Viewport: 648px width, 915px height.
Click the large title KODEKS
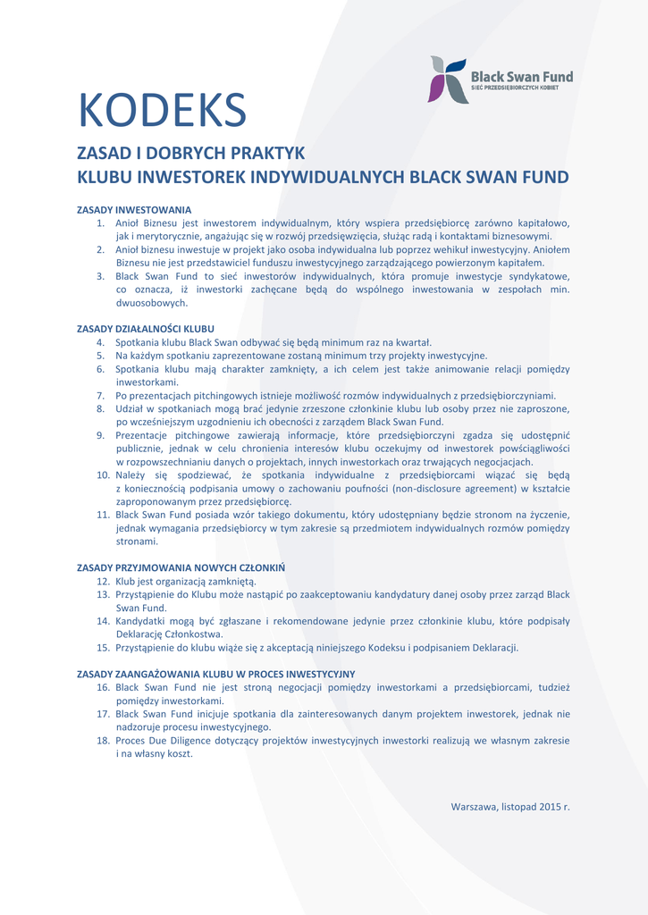[x=162, y=111]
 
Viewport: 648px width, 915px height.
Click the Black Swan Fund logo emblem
[x=449, y=80]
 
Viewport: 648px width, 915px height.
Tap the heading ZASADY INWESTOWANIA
[x=134, y=210]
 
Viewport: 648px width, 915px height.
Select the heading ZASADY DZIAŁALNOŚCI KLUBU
[x=146, y=329]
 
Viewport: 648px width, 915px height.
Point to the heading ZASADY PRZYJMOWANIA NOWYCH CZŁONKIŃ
[x=181, y=567]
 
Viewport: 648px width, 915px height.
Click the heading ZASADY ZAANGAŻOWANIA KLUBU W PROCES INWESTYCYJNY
[x=215, y=674]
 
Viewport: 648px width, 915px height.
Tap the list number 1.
[x=102, y=222]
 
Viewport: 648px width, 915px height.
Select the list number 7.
[x=102, y=395]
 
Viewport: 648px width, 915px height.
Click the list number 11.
[x=103, y=515]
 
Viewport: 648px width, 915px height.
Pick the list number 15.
[x=103, y=648]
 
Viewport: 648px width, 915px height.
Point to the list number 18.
[x=103, y=741]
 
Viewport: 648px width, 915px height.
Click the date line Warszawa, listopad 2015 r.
[x=509, y=807]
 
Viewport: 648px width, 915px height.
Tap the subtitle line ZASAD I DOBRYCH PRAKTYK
[x=191, y=153]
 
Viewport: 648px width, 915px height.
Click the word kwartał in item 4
[x=412, y=342]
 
